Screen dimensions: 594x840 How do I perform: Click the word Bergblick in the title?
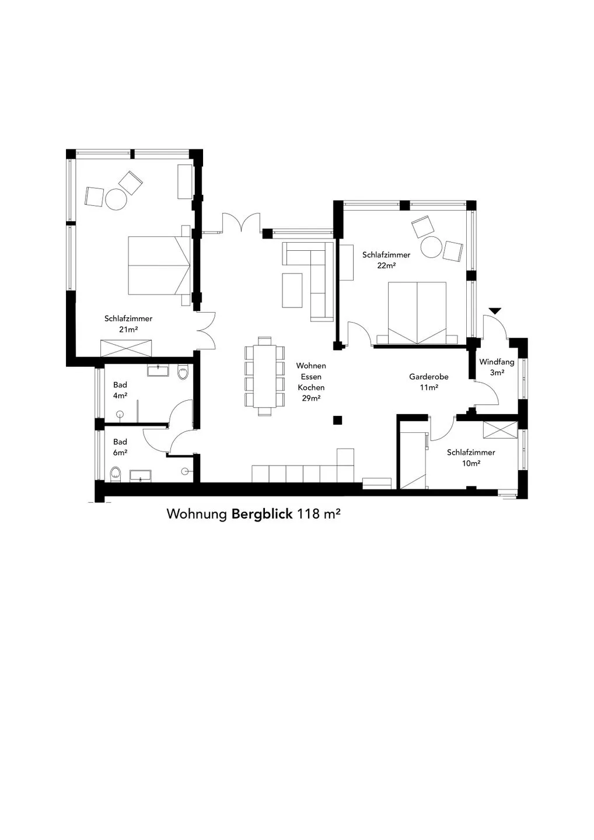point(262,514)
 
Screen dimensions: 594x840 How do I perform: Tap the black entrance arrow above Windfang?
point(495,311)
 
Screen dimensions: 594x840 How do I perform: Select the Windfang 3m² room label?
point(497,367)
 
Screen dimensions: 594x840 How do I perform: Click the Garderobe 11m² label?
point(429,381)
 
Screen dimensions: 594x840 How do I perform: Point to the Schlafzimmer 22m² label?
point(386,260)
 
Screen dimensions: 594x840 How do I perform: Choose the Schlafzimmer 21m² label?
point(128,324)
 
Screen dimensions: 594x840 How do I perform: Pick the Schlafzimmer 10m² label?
point(471,457)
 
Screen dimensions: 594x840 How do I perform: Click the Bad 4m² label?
point(120,390)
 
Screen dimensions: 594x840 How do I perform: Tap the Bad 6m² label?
point(120,447)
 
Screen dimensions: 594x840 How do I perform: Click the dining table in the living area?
point(265,376)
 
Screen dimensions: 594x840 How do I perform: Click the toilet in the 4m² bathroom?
point(183,372)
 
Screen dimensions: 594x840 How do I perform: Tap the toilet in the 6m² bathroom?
point(116,475)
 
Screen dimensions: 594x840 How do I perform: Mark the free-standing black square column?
point(337,420)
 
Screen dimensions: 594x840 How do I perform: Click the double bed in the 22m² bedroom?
point(417,313)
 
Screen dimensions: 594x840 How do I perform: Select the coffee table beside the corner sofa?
point(292,290)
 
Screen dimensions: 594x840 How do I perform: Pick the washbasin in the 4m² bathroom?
point(158,370)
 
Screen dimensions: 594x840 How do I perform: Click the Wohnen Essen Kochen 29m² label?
point(311,381)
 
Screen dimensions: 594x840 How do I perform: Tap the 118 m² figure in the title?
point(319,514)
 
